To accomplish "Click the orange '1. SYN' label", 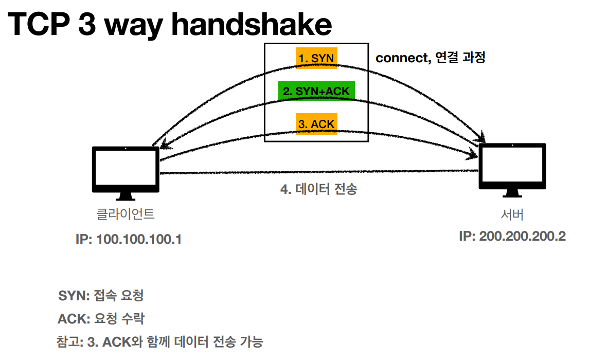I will coord(316,59).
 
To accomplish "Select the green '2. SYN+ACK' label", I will coord(316,91).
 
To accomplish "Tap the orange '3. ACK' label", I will coord(316,124).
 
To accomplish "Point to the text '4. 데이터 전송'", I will coord(318,189).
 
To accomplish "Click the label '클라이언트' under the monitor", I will coord(126,214).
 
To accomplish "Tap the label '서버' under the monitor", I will coord(512,214).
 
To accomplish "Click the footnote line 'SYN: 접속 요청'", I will coord(101,296).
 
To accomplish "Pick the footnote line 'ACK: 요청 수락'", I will coord(101,319).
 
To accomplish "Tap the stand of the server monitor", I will coord(512,193).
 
